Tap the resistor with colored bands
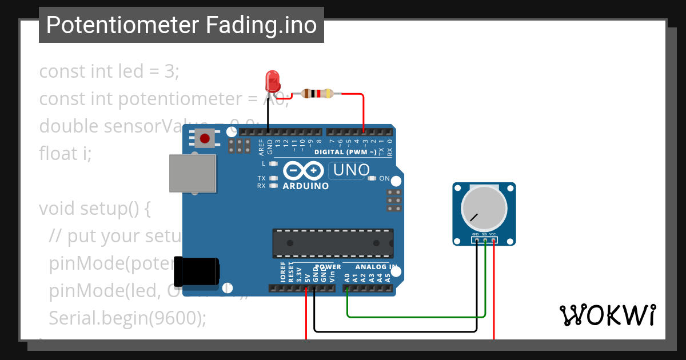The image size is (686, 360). click(x=317, y=94)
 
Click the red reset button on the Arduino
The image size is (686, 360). click(x=205, y=138)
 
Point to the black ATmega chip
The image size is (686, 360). click(x=333, y=243)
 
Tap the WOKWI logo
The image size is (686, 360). click(x=608, y=315)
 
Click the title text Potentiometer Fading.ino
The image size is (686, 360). click(x=181, y=25)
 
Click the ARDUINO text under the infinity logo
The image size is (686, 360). click(x=306, y=186)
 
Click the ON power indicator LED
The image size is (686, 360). click(x=372, y=179)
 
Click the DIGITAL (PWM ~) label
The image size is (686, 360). click(x=345, y=152)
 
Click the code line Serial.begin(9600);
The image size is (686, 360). click(x=127, y=318)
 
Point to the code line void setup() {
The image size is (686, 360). click(x=95, y=208)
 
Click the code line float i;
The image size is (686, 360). click(x=65, y=153)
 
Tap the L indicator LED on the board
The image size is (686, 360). click(x=273, y=164)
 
